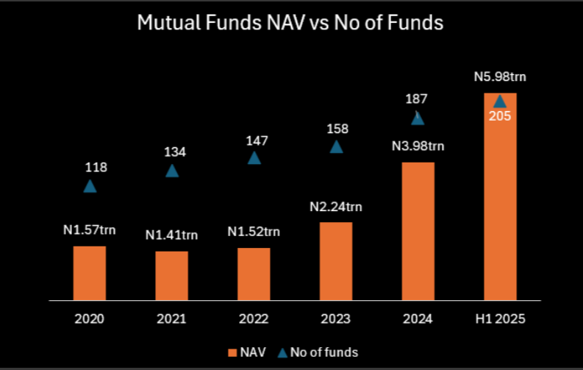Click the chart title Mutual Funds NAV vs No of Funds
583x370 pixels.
pyautogui.click(x=290, y=24)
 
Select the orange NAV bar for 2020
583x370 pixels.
pyautogui.click(x=90, y=273)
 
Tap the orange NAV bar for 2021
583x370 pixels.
pyautogui.click(x=172, y=276)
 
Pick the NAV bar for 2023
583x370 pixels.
pyautogui.click(x=336, y=261)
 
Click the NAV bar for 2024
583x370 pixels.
pyautogui.click(x=418, y=231)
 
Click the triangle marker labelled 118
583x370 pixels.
pyautogui.click(x=90, y=186)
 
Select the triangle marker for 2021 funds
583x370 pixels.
pyautogui.click(x=172, y=171)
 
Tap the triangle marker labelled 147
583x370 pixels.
pyautogui.click(x=254, y=157)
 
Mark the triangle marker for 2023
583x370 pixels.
pyautogui.click(x=336, y=146)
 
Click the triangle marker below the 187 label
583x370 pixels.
pyautogui.click(x=418, y=118)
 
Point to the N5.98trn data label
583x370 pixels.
pyautogui.click(x=500, y=77)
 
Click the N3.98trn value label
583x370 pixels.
pyautogui.click(x=418, y=146)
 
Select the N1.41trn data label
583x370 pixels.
pyautogui.click(x=172, y=235)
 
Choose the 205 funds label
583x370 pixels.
pyautogui.click(x=500, y=115)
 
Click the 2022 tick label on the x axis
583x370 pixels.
pyautogui.click(x=254, y=319)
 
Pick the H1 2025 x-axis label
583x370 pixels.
pyautogui.click(x=500, y=319)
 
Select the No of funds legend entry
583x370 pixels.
pyautogui.click(x=321, y=352)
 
